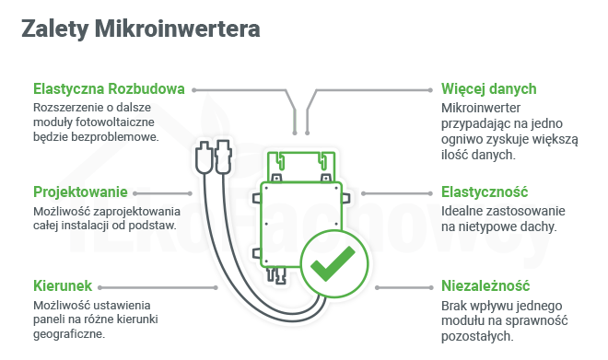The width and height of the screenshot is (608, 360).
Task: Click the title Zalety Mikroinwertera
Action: click(x=140, y=29)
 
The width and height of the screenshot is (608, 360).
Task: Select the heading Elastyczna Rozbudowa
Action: click(x=109, y=89)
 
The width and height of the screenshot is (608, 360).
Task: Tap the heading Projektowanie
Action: click(x=79, y=192)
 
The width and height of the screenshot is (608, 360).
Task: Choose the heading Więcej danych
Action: click(x=488, y=89)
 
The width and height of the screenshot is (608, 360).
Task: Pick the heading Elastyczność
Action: click(x=484, y=192)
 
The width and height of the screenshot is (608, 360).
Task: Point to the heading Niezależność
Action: click(x=485, y=286)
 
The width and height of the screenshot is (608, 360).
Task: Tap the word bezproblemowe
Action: click(x=111, y=136)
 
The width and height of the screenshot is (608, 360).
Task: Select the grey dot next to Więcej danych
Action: click(x=430, y=90)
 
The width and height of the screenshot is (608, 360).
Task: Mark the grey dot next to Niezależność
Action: click(x=430, y=286)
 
